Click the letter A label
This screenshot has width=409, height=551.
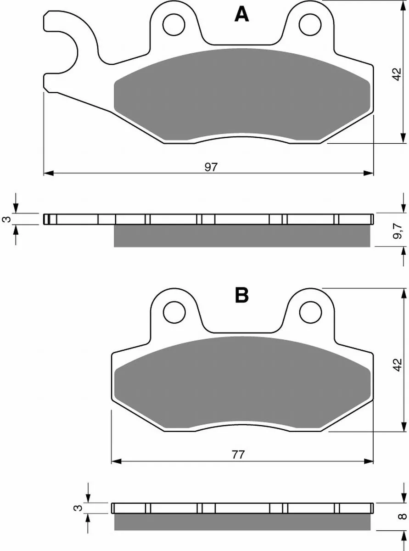(x=241, y=14)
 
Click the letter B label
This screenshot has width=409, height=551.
(x=241, y=295)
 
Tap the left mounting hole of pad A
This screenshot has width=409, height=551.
(x=174, y=25)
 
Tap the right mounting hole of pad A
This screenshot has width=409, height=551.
(x=310, y=25)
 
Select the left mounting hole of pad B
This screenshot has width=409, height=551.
(x=174, y=312)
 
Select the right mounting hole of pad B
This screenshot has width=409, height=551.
(x=311, y=312)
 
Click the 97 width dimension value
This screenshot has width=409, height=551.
(x=211, y=167)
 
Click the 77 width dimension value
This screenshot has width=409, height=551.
(x=238, y=455)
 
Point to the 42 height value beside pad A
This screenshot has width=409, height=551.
(x=397, y=74)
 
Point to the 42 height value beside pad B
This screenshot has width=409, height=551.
(x=398, y=365)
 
